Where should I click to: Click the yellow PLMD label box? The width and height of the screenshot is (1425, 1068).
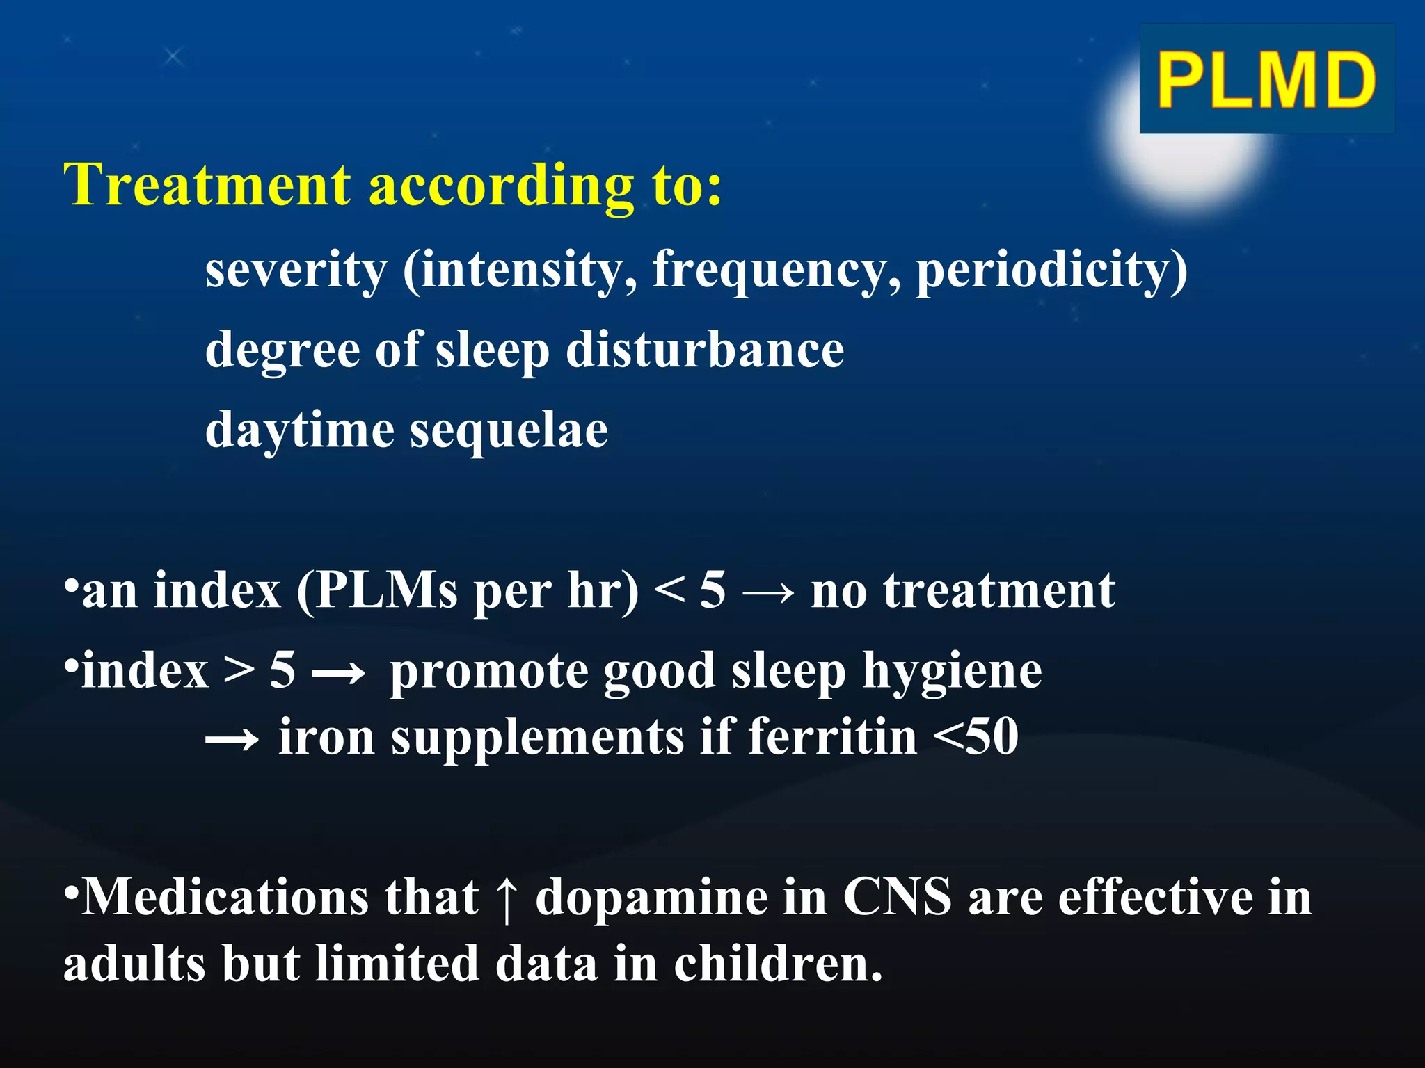(x=1266, y=79)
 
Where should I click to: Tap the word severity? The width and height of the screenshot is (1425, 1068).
(x=296, y=270)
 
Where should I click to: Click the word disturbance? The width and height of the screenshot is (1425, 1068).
(x=704, y=350)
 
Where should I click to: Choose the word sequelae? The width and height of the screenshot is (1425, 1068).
(x=509, y=430)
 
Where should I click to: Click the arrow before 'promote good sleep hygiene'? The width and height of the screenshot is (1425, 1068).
(x=338, y=673)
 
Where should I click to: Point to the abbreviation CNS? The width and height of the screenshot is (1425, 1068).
(x=897, y=898)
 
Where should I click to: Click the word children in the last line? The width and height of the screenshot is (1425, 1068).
(x=777, y=964)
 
